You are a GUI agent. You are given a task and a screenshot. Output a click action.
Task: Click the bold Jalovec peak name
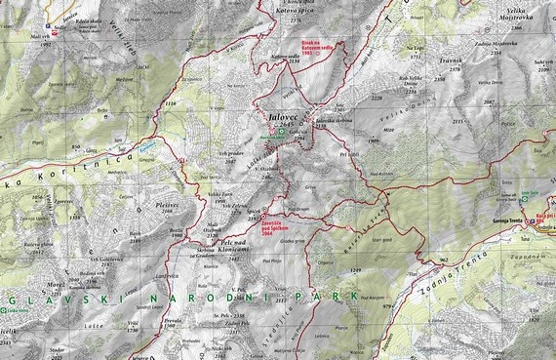[280, 116]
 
